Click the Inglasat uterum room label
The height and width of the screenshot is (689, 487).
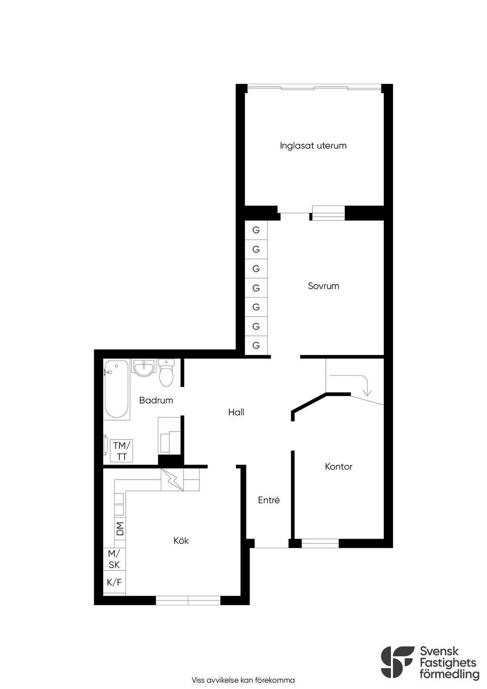click(x=313, y=146)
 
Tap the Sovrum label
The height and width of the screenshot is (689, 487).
click(x=323, y=286)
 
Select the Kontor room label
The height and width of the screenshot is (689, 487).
click(x=339, y=466)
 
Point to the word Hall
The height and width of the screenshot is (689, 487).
click(x=236, y=412)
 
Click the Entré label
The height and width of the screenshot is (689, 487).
click(x=269, y=500)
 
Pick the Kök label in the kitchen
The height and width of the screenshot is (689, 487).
click(x=181, y=541)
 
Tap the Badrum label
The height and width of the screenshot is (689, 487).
click(x=156, y=400)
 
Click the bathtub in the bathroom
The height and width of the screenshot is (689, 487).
click(x=116, y=389)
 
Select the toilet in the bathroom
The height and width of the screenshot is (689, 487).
click(x=166, y=373)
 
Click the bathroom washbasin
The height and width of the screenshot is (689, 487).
click(x=144, y=368)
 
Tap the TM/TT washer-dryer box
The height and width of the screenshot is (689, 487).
click(x=122, y=451)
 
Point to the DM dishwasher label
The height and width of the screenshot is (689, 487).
click(x=120, y=529)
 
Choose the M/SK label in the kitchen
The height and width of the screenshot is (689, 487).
click(x=114, y=559)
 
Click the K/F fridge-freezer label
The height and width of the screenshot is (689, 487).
click(x=114, y=582)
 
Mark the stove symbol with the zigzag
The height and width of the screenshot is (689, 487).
click(x=172, y=480)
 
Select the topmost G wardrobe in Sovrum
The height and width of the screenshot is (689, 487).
click(x=256, y=230)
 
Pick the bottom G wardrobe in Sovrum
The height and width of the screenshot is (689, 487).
click(x=256, y=345)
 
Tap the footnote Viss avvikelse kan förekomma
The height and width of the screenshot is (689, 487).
click(x=243, y=680)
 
